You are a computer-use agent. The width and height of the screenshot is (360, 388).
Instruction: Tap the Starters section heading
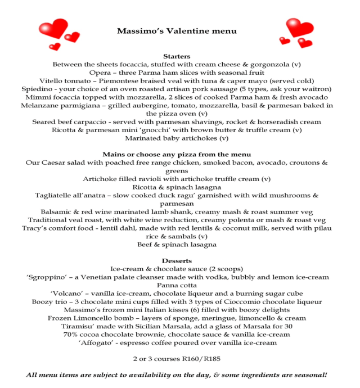tap(177, 56)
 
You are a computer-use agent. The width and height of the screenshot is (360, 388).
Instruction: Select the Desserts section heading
tap(177, 261)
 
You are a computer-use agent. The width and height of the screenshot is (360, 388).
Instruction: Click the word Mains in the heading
tap(114, 154)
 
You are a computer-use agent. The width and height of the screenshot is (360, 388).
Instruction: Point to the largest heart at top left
tap(55, 28)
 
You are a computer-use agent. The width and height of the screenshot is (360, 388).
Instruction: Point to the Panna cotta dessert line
tap(177, 285)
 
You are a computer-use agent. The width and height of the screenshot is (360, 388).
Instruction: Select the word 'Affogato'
tap(93, 342)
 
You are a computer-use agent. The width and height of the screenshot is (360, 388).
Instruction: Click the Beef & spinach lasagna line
tap(177, 245)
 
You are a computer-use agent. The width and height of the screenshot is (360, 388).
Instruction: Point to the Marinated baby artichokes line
tap(177, 138)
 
